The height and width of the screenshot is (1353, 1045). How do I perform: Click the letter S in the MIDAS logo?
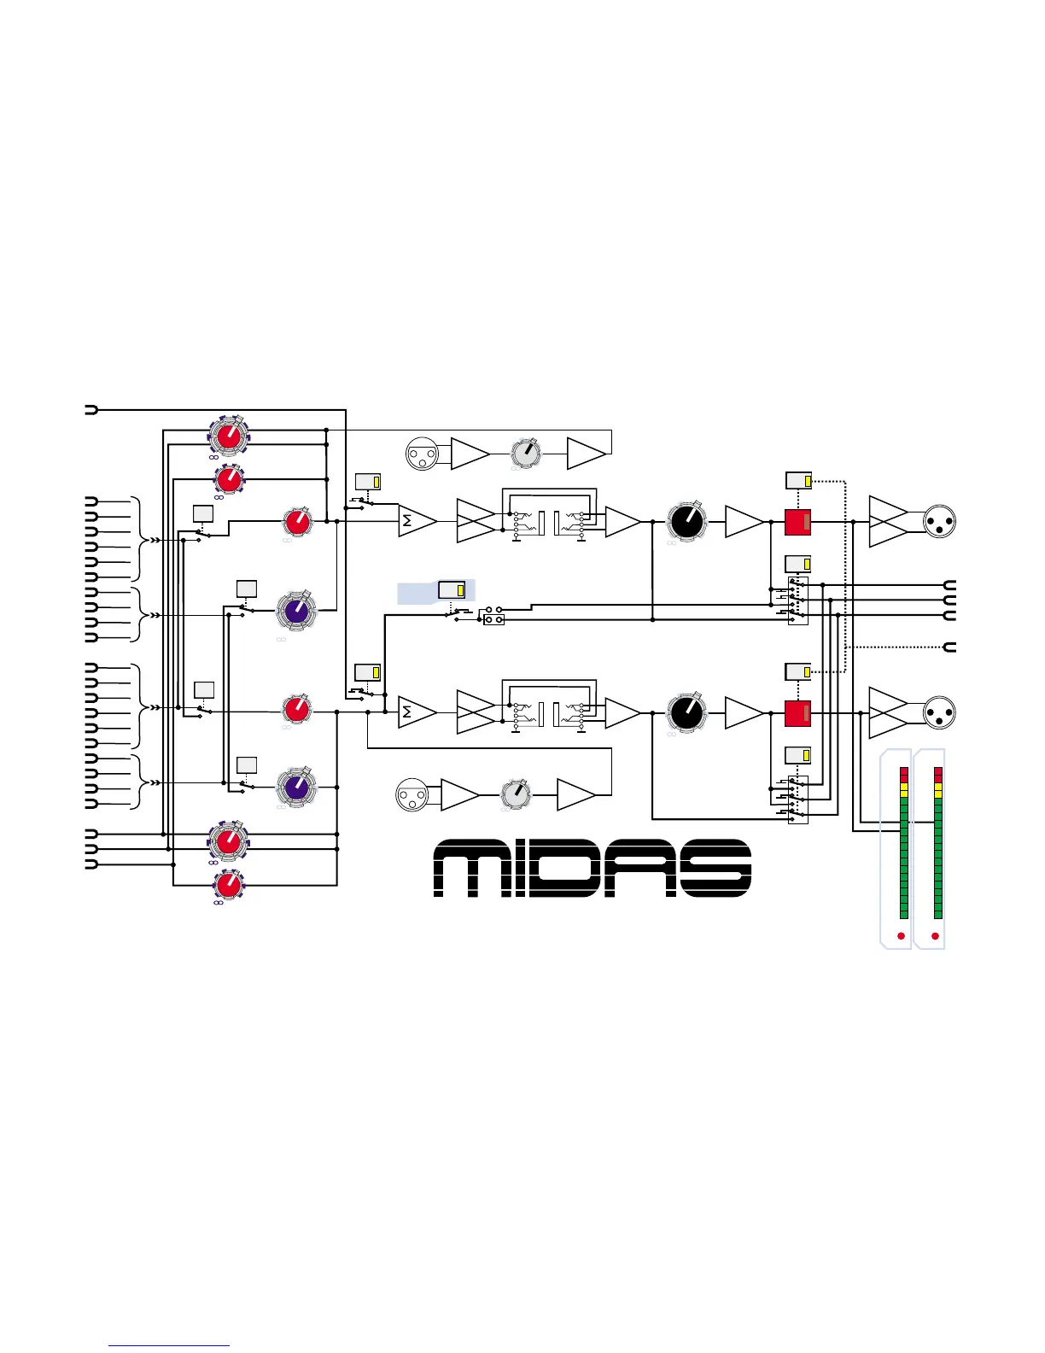click(x=715, y=868)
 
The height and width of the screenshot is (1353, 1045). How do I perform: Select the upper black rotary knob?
click(x=686, y=521)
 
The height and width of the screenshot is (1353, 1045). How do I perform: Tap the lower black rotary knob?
click(x=686, y=712)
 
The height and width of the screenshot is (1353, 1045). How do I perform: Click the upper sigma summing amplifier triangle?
click(x=415, y=521)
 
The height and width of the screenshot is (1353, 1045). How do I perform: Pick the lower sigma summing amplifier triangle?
click(x=415, y=712)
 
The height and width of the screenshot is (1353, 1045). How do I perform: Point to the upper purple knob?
click(x=296, y=612)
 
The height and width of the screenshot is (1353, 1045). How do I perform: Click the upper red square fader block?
click(x=797, y=522)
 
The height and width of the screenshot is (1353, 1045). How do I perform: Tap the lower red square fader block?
click(x=797, y=713)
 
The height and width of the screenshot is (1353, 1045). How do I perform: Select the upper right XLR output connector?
click(x=940, y=521)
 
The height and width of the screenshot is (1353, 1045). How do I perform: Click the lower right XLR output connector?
click(x=940, y=713)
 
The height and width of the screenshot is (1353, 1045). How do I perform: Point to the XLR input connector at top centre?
click(x=421, y=454)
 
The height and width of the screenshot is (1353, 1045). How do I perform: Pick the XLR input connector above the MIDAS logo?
click(x=412, y=795)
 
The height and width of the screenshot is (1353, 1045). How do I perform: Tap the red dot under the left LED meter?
click(x=901, y=936)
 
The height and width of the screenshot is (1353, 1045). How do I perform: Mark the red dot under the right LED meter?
click(x=936, y=936)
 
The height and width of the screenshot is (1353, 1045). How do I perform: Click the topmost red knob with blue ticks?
click(x=228, y=436)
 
